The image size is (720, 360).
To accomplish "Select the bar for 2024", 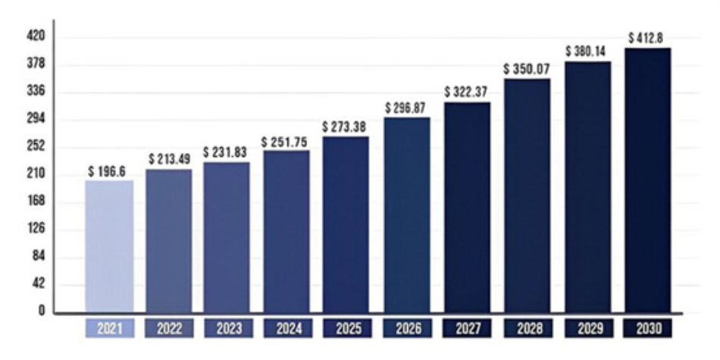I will (x=286, y=230).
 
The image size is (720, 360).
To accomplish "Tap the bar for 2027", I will (x=467, y=206).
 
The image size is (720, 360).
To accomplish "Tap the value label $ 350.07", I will (x=527, y=69).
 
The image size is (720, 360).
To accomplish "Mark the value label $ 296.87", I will (x=408, y=108).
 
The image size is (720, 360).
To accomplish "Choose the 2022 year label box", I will (x=169, y=328).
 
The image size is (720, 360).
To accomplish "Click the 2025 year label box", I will (x=347, y=328).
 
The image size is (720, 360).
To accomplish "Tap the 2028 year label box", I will (x=527, y=328).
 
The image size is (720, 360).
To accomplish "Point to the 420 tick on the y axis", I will (x=36, y=36).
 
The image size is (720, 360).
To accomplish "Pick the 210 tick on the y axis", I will (x=36, y=174).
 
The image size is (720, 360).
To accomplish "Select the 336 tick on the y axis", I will (x=36, y=91).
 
